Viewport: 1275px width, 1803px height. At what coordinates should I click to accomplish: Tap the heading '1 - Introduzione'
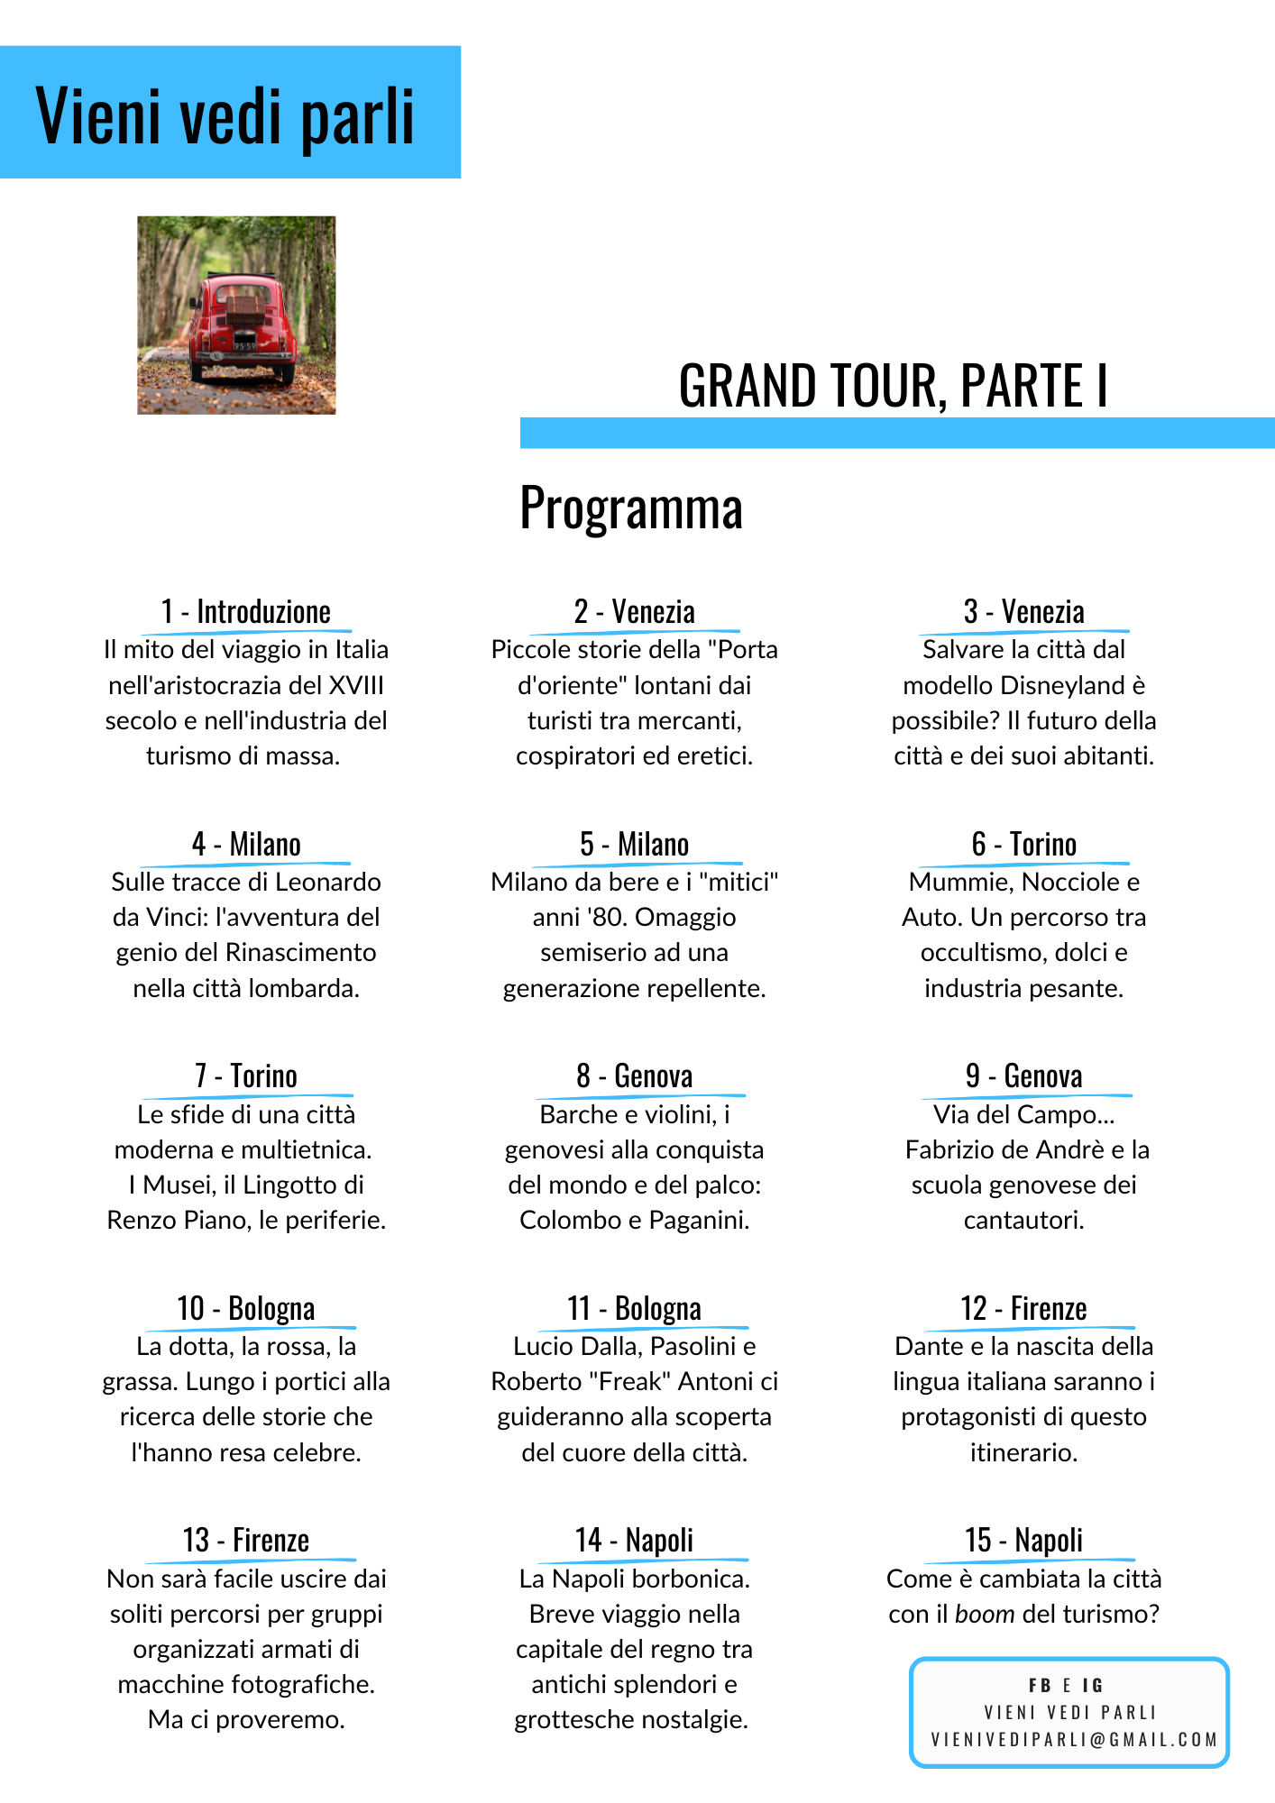pos(246,611)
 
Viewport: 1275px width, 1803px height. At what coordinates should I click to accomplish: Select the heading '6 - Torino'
pos(1023,844)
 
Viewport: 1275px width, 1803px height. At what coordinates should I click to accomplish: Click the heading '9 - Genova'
pos(1023,1075)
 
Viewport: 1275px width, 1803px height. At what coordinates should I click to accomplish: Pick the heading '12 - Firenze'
pos(1023,1308)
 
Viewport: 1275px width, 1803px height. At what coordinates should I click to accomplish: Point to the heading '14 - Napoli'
pos(634,1540)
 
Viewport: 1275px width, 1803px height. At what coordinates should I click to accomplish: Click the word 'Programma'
pos(631,508)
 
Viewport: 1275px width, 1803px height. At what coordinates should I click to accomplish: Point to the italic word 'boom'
pos(985,1614)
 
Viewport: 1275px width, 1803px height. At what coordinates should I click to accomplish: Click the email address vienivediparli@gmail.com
pos(1074,1740)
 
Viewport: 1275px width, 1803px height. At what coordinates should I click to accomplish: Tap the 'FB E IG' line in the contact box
pos(1066,1685)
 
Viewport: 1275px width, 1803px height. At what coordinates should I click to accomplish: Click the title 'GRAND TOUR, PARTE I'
pos(893,386)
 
